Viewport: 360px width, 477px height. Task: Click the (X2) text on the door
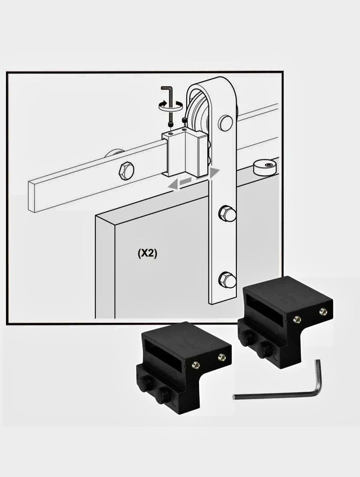point(147,253)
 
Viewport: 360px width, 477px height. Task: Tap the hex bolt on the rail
point(126,171)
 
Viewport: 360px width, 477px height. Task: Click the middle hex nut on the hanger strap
point(227,213)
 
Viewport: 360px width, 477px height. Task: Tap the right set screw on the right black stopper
point(323,311)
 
